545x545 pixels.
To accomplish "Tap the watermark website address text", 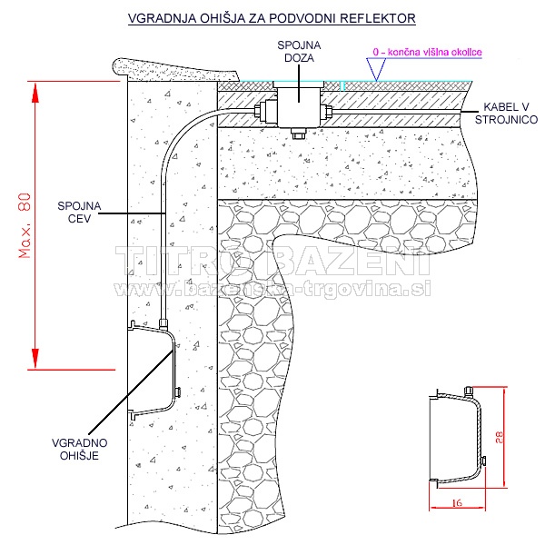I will click(x=272, y=287).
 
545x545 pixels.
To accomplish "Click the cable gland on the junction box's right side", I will click(x=326, y=114).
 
